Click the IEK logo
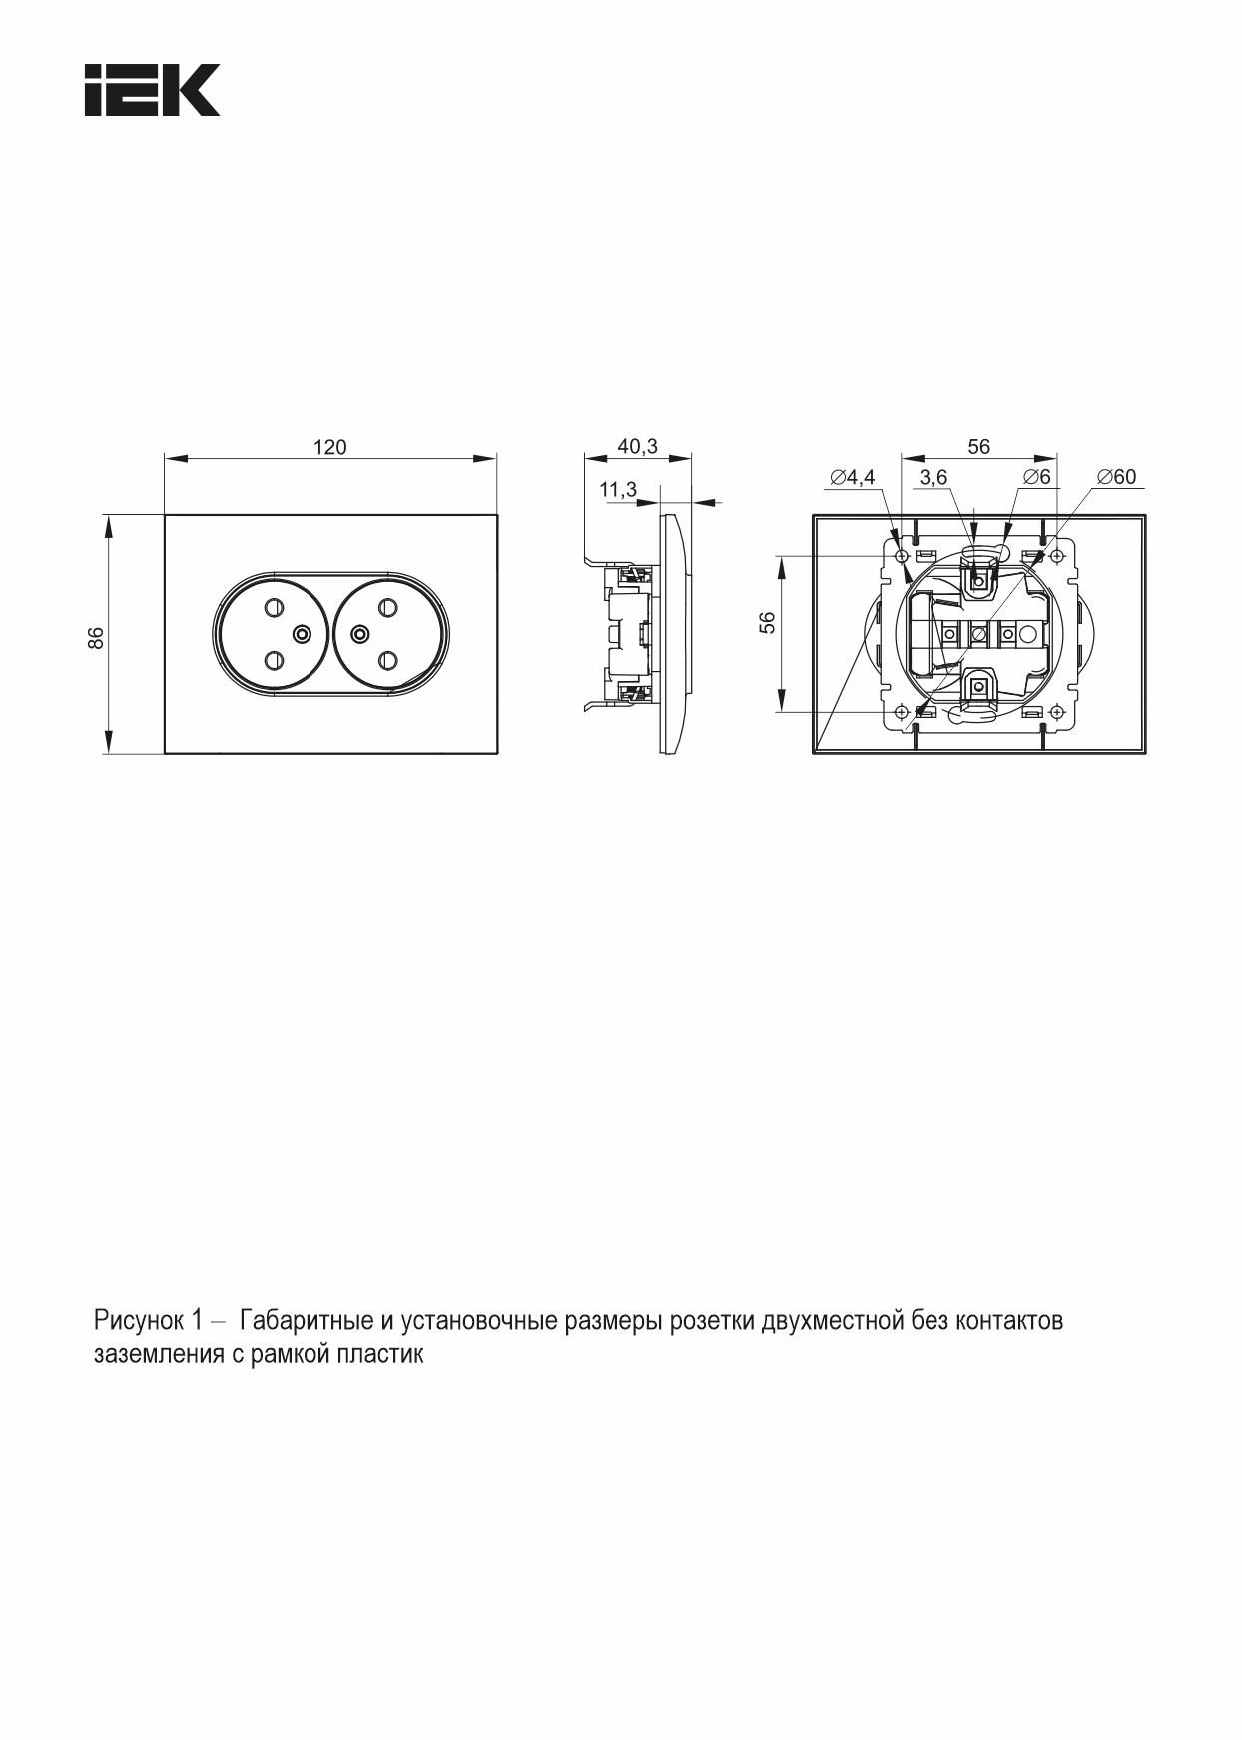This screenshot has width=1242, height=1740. point(152,90)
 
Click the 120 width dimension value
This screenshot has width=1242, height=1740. point(330,447)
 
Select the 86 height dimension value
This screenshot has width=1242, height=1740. point(96,637)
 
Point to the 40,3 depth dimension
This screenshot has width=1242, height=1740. point(638,446)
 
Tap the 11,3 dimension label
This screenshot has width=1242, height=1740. point(618,489)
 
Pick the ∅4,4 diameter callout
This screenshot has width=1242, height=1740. point(852,477)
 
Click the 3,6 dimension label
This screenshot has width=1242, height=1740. point(933,477)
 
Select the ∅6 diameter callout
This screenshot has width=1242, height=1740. point(1036,477)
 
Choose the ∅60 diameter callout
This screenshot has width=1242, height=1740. point(1116,477)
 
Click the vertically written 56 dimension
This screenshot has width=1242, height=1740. point(767,622)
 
